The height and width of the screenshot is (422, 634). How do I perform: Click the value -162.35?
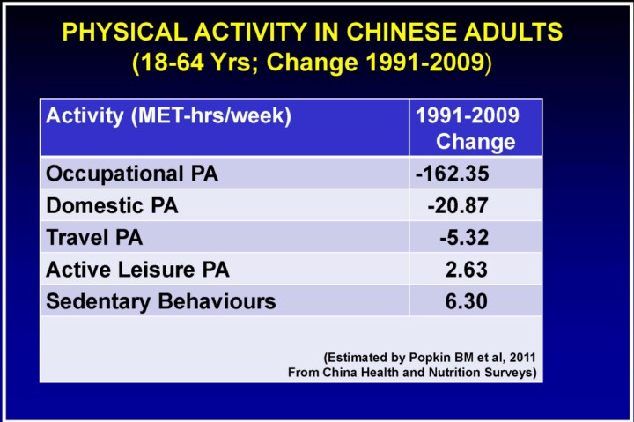pyautogui.click(x=452, y=174)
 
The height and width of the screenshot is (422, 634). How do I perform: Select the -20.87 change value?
pyautogui.click(x=457, y=206)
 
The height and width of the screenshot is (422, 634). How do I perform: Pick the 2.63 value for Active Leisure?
pyautogui.click(x=467, y=270)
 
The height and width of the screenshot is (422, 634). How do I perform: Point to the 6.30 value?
pyautogui.click(x=467, y=301)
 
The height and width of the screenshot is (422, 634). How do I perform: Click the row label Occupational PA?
pyautogui.click(x=132, y=174)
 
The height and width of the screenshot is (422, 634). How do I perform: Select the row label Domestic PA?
pyautogui.click(x=112, y=206)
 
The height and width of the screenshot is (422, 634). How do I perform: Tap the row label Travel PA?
pyautogui.click(x=94, y=238)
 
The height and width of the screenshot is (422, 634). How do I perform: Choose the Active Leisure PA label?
pyautogui.click(x=137, y=270)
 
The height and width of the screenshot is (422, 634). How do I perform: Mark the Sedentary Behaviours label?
pyautogui.click(x=160, y=301)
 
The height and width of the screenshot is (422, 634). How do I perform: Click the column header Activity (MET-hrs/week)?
pyautogui.click(x=168, y=115)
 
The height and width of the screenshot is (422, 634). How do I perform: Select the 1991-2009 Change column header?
pyautogui.click(x=468, y=129)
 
